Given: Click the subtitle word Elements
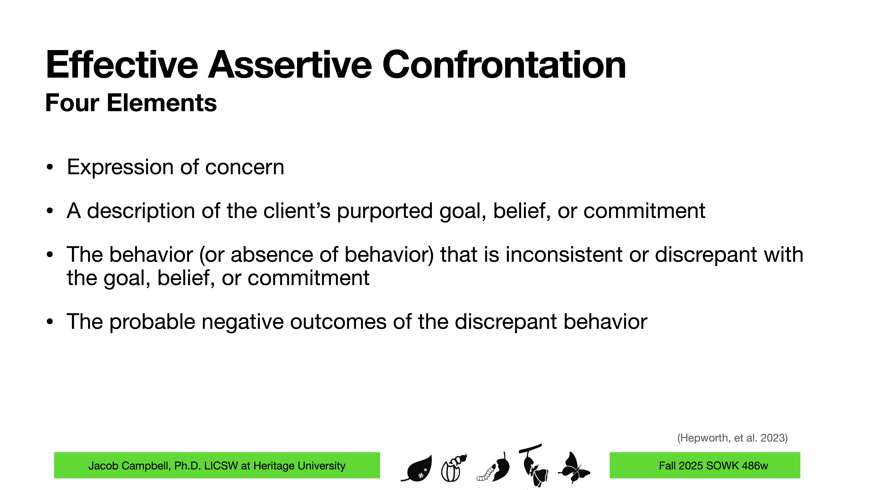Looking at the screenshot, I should pos(162,103).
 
